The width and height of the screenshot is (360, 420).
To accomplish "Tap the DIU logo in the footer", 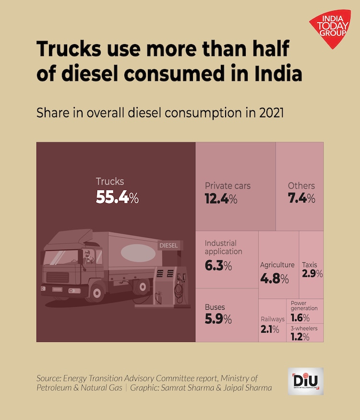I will [306, 381].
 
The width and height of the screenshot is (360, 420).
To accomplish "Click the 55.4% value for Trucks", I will [117, 197].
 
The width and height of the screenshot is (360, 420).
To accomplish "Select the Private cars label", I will [228, 186].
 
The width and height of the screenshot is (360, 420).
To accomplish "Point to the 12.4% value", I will [221, 198].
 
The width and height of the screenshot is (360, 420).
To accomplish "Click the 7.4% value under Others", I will [301, 198].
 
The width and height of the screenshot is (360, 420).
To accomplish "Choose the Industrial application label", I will [224, 247].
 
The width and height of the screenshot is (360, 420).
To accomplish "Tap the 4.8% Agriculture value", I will [275, 279].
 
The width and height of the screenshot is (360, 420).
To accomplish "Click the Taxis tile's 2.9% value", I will [312, 274].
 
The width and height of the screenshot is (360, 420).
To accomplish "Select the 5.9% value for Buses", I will [218, 319].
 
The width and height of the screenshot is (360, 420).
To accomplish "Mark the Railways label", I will [273, 319].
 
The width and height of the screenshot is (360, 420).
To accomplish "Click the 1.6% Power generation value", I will [300, 318].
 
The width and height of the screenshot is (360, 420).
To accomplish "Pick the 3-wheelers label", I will [304, 328].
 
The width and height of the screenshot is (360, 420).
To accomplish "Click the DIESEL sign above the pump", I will [168, 245].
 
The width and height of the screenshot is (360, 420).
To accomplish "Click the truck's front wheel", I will [97, 291].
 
